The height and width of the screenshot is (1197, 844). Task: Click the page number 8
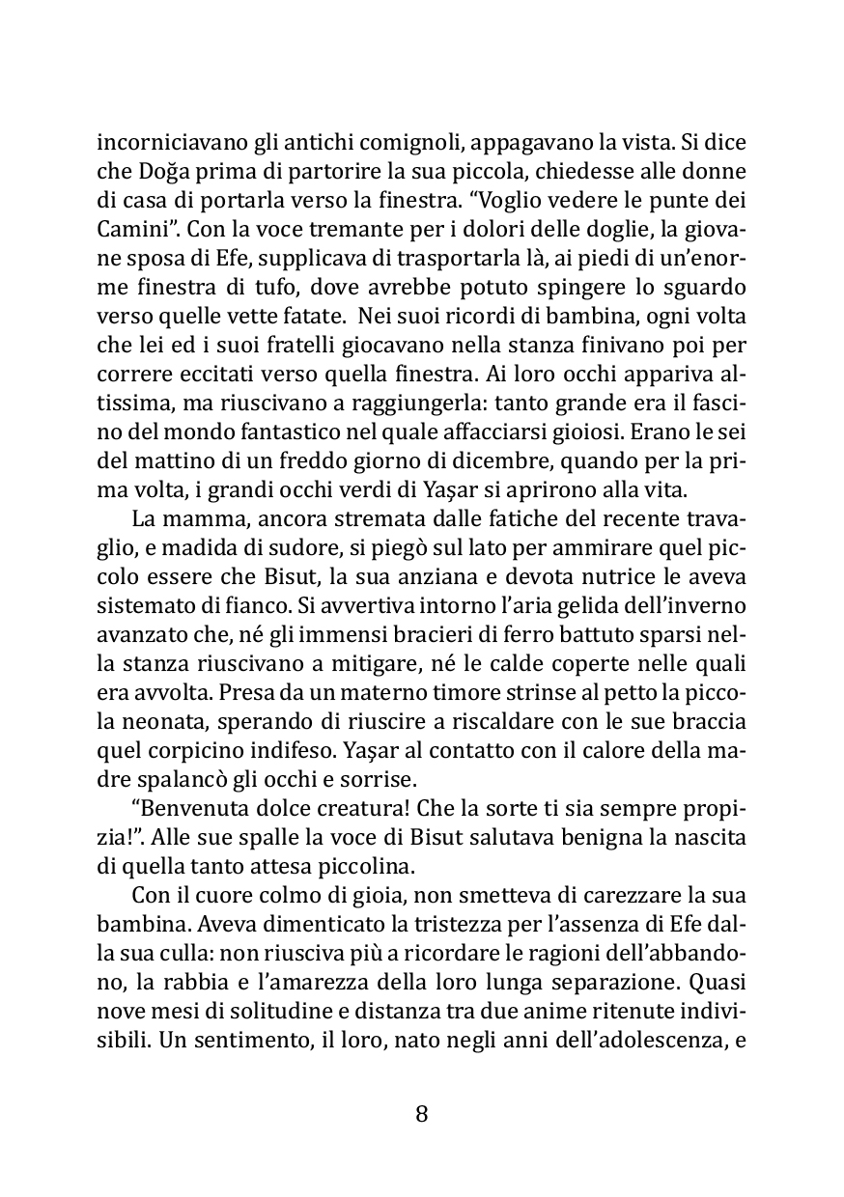421,1114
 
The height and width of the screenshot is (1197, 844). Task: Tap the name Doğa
158,174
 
